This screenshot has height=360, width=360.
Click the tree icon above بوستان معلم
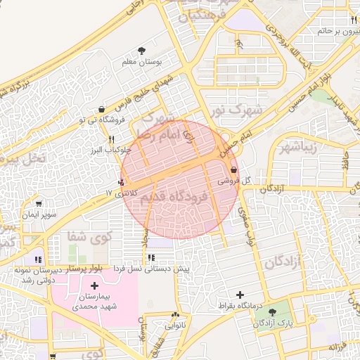(x=143, y=51)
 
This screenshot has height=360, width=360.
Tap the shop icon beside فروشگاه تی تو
(x=103, y=110)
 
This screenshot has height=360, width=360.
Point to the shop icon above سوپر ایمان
(x=37, y=204)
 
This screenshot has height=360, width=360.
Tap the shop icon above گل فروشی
(x=233, y=170)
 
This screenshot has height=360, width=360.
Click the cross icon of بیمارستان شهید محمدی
(x=94, y=286)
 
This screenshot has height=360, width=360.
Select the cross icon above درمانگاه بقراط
(x=241, y=295)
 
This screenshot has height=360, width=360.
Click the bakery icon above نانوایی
(x=176, y=316)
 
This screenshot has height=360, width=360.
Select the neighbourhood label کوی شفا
(x=90, y=236)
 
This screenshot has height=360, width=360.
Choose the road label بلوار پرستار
(x=84, y=269)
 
